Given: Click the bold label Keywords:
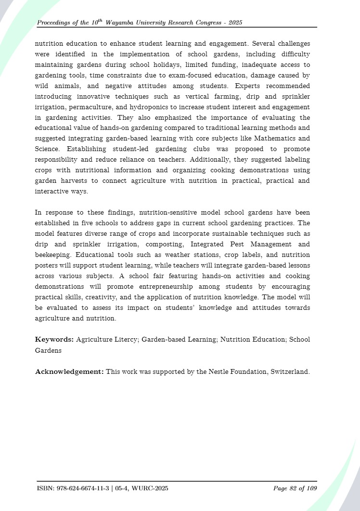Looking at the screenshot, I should coord(54,339).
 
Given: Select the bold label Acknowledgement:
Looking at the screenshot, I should coord(69,371).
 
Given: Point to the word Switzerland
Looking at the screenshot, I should coord(290,371).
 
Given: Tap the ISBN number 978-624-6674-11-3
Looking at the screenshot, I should coord(81,489).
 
